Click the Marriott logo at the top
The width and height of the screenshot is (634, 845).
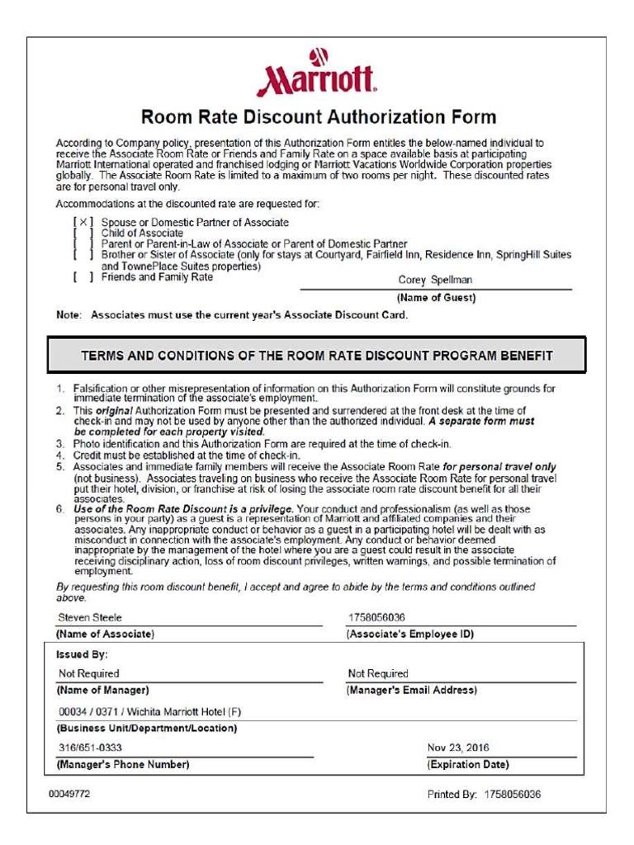(317, 74)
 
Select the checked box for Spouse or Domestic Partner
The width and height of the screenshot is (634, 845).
(83, 222)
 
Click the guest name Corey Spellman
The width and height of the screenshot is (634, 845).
(435, 280)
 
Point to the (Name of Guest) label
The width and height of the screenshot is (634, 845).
(436, 298)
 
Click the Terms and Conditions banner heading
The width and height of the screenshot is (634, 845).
(317, 356)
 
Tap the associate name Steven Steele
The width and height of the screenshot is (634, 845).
(90, 617)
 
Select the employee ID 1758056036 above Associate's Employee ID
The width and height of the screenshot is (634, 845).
(376, 617)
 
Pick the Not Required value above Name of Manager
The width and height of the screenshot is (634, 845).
(88, 673)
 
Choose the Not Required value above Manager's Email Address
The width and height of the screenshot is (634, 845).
(378, 673)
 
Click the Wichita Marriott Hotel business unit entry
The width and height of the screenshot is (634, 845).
(149, 711)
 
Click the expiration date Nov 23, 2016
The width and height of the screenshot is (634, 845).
(457, 748)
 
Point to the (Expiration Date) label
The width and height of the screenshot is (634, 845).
(467, 765)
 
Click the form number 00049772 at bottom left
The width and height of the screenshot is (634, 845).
(70, 794)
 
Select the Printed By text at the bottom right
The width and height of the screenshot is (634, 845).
(484, 795)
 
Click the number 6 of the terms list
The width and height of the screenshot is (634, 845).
(60, 509)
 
